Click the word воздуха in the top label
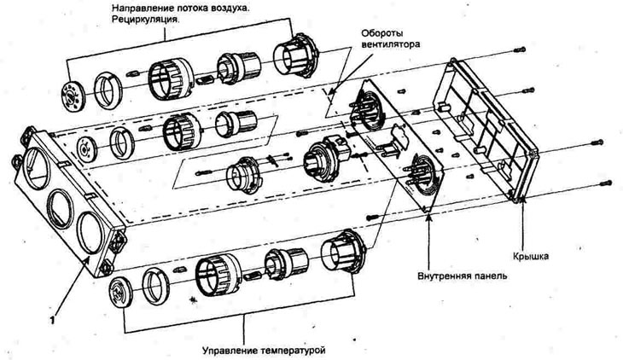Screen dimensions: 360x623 267,7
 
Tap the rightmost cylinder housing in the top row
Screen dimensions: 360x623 294,57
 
